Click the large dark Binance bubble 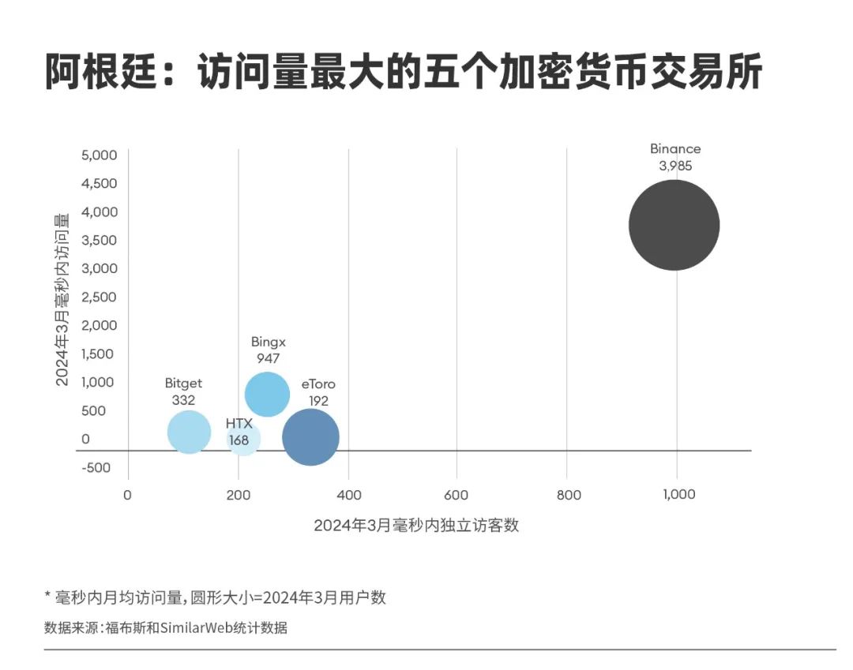(x=674, y=225)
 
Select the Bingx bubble (x=267, y=394)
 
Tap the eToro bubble (x=310, y=437)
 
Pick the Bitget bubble (x=189, y=432)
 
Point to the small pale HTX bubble (x=243, y=440)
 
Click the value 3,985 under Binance (x=675, y=166)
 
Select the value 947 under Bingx (x=269, y=358)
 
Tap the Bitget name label (x=183, y=384)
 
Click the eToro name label (x=318, y=384)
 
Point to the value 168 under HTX (x=239, y=439)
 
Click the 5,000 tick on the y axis (x=100, y=155)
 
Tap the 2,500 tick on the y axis (x=100, y=297)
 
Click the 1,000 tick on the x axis (x=678, y=495)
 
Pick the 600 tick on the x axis (x=457, y=495)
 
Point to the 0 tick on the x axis (x=127, y=495)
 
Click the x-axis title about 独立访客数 (x=416, y=526)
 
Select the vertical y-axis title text (x=63, y=298)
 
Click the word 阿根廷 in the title (x=91, y=73)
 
